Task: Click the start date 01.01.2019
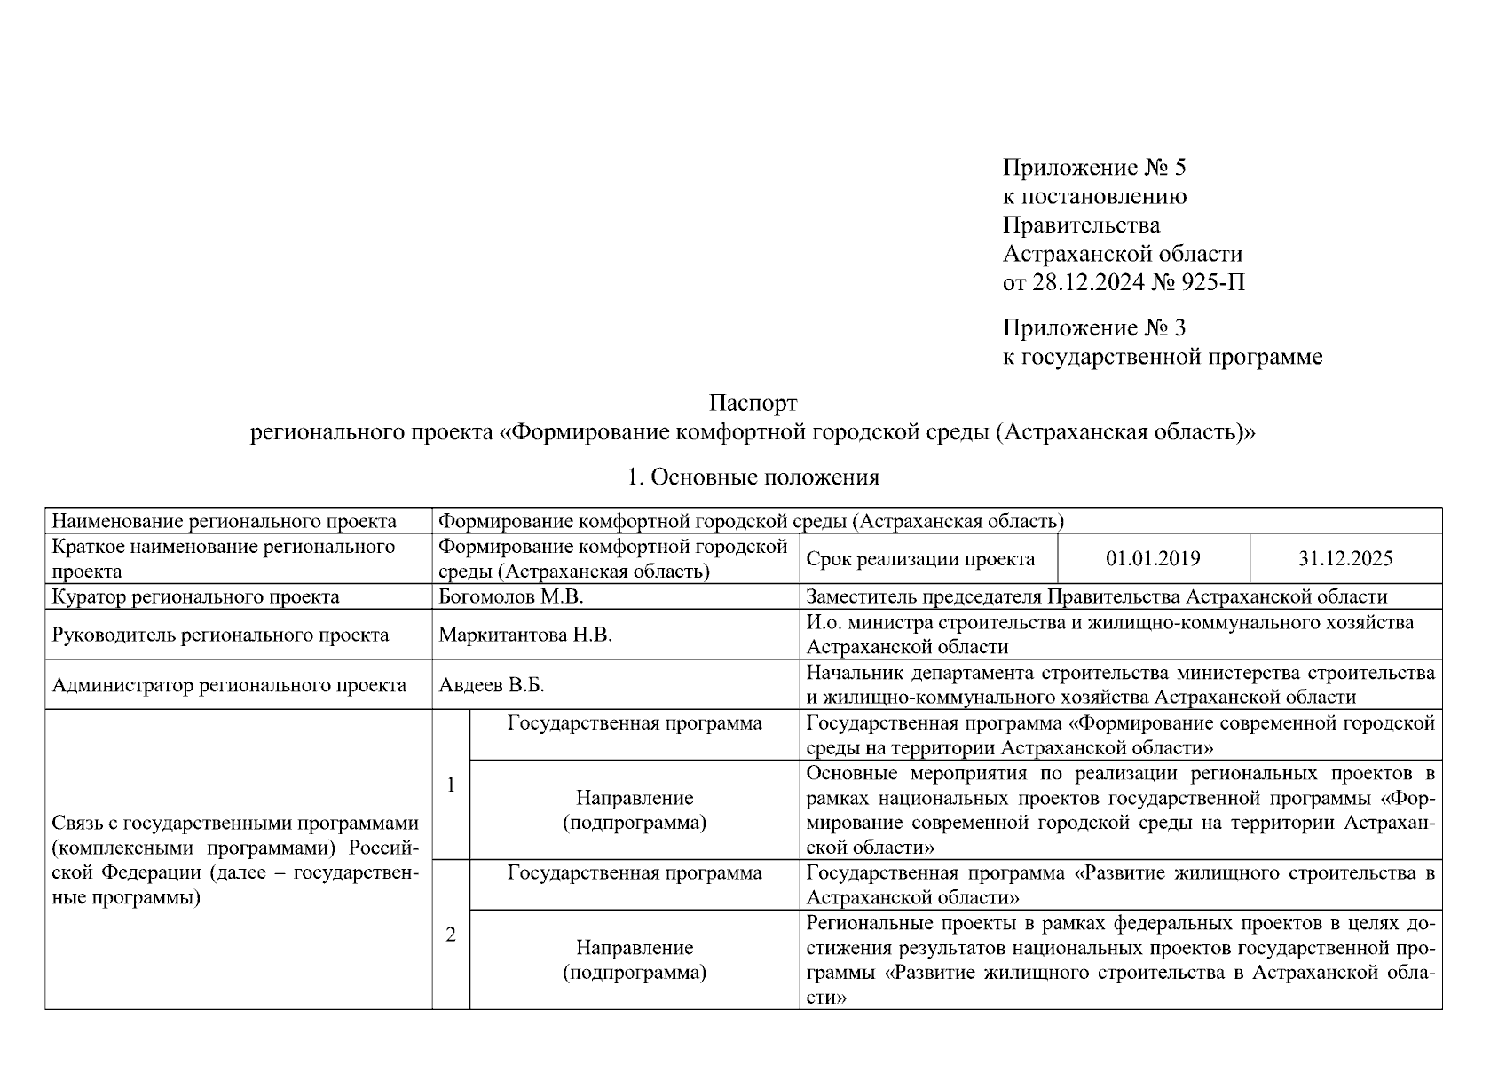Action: (x=1153, y=558)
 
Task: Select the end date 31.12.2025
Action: (x=1345, y=558)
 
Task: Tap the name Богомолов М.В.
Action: (x=511, y=596)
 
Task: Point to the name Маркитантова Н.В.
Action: (x=525, y=635)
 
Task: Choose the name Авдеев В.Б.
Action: (x=491, y=685)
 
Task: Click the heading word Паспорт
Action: (x=753, y=404)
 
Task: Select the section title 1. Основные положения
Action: (x=753, y=477)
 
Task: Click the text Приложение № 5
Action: (x=1093, y=167)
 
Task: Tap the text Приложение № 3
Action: (x=1093, y=328)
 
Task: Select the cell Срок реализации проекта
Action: (x=920, y=559)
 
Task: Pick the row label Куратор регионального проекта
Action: (x=195, y=596)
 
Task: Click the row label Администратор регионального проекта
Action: (x=229, y=685)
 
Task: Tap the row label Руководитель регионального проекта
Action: (x=220, y=635)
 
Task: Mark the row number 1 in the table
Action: (x=451, y=785)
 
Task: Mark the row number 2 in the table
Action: (x=451, y=935)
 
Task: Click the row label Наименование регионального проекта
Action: (x=224, y=521)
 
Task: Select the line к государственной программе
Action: (x=1162, y=357)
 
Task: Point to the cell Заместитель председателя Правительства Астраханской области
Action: (x=1096, y=596)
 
